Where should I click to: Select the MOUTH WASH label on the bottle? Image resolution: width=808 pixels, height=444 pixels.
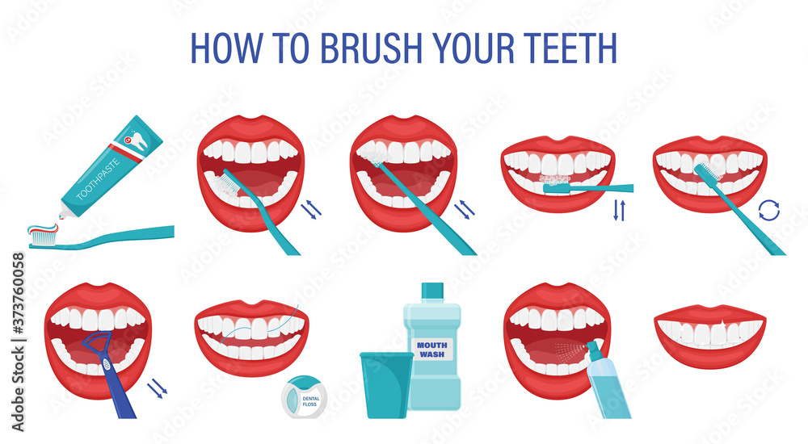pyautogui.click(x=432, y=349)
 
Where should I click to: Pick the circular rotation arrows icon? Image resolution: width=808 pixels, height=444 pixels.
pyautogui.click(x=768, y=212)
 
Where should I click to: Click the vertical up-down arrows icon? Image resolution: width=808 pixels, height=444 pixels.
pyautogui.click(x=619, y=210)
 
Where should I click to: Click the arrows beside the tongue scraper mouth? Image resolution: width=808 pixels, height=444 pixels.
pyautogui.click(x=157, y=391)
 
